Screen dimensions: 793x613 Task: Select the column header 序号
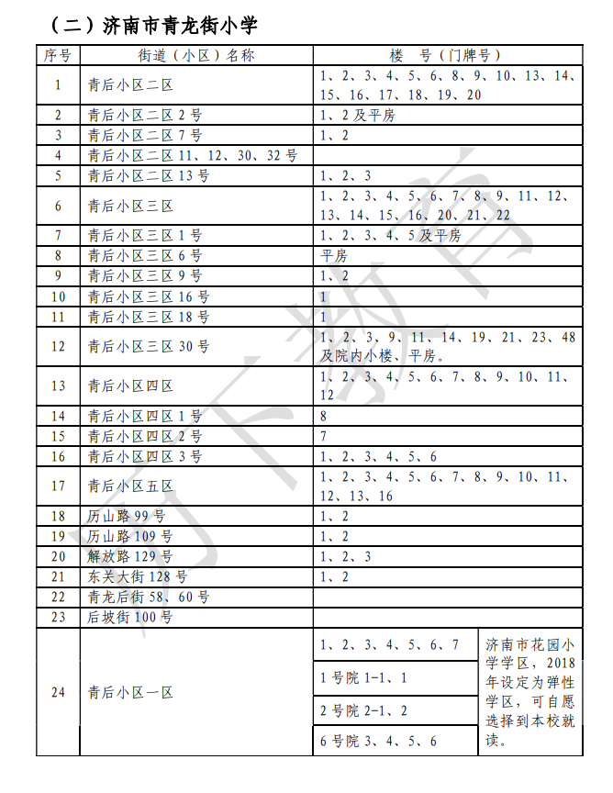58,55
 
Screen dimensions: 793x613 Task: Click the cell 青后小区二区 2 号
145,116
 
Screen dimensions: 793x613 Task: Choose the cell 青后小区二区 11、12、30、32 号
193,156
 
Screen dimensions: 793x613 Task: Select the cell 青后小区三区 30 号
149,346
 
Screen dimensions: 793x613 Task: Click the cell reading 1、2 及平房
358,116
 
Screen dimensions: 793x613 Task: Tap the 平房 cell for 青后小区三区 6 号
334,256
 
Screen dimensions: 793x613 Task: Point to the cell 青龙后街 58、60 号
149,598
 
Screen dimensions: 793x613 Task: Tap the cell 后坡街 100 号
129,618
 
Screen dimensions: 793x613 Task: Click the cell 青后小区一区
130,693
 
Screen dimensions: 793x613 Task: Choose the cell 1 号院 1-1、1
363,678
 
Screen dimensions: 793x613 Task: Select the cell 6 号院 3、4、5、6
378,741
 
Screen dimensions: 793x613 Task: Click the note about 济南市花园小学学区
530,693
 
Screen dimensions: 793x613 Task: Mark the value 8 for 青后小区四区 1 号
324,416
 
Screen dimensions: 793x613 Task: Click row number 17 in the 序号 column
58,486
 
